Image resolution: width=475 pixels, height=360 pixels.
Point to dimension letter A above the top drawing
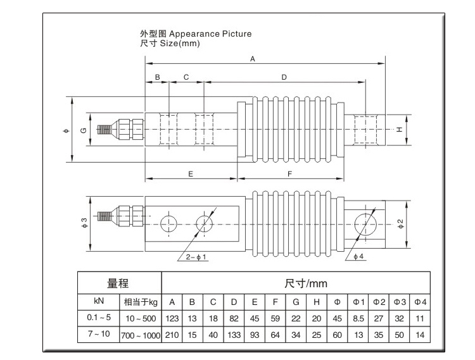pos(252,59)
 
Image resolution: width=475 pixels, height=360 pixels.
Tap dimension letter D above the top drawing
pos(284,77)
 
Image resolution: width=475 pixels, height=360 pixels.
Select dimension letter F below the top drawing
pos(289,173)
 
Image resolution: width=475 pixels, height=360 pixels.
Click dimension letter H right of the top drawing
pos(399,129)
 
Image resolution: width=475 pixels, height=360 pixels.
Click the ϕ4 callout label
pos(357,256)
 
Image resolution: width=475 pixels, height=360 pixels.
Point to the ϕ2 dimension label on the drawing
pos(400,223)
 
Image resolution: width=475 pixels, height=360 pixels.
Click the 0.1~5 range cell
pos(98,318)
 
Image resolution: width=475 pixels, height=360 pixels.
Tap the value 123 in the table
pos(172,318)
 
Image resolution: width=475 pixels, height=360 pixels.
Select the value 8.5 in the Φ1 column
pos(358,318)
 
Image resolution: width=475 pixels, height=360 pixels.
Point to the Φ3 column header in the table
pos(399,301)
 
